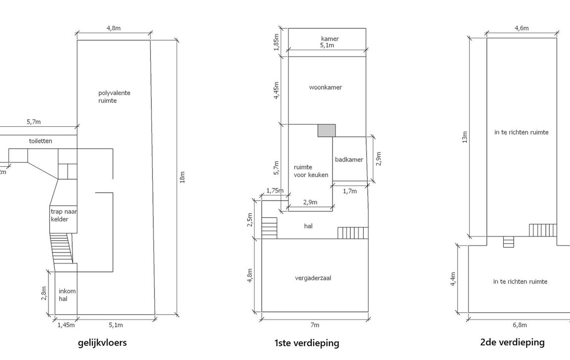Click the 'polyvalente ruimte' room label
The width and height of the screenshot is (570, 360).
(x=114, y=97)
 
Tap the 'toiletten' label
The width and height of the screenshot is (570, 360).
(x=41, y=141)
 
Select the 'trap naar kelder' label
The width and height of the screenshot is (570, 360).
(x=64, y=215)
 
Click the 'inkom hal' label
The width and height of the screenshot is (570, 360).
(x=67, y=295)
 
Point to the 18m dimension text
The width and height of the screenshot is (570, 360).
(x=183, y=177)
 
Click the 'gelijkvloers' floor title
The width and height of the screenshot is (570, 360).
(x=102, y=342)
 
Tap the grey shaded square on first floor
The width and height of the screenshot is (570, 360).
(x=327, y=130)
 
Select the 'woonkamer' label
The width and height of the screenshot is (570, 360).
(x=326, y=88)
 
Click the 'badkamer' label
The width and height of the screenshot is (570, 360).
(x=349, y=159)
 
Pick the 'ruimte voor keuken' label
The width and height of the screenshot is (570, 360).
(x=311, y=171)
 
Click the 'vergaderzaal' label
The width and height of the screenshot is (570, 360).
(x=313, y=278)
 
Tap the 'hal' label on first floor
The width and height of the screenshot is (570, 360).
(x=308, y=226)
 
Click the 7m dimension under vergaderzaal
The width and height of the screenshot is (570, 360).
(x=315, y=325)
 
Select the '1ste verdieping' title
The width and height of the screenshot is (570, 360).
(x=306, y=343)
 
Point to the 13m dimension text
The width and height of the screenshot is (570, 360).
(x=465, y=136)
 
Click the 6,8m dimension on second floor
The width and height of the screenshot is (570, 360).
(x=520, y=325)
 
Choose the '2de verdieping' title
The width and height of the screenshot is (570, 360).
(x=512, y=342)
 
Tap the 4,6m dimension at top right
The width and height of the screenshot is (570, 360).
(x=522, y=28)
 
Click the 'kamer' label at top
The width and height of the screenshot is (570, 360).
(x=330, y=39)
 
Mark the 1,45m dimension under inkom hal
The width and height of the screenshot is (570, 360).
(x=66, y=325)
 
